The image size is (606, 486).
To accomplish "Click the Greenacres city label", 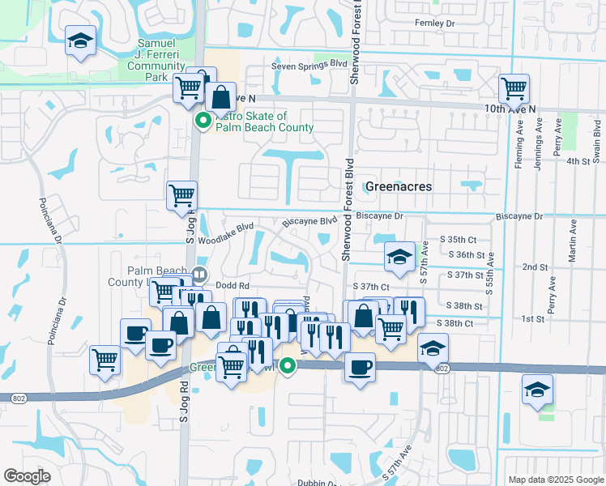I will (x=398, y=186).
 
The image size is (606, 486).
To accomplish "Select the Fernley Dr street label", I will (x=434, y=24).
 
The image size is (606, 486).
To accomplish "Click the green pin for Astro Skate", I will (x=203, y=122).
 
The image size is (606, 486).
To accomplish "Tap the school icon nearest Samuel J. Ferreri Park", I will (x=80, y=42).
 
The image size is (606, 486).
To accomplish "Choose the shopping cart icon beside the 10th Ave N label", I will (x=514, y=88).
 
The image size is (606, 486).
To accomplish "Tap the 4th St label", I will (x=578, y=161).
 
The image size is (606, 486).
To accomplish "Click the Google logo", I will (x=28, y=476).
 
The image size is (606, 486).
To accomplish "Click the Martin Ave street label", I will (x=573, y=241).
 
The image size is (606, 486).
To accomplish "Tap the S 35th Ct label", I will (x=459, y=240).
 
